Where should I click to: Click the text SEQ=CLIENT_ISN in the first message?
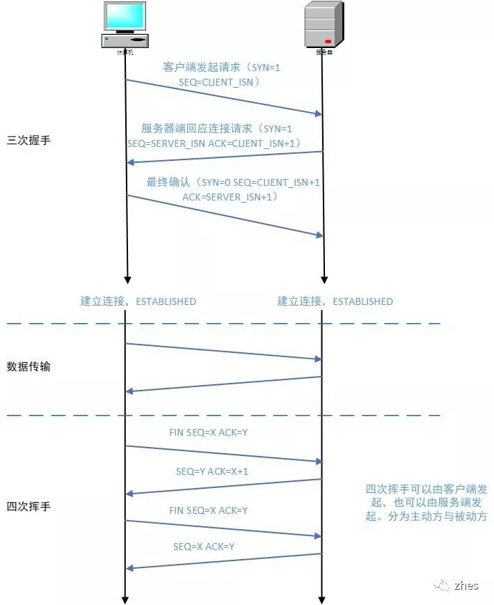coord(218,81)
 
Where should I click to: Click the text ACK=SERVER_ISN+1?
coord(229,197)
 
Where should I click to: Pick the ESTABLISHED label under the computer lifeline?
coord(166,301)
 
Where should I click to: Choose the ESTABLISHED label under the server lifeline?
coord(362,301)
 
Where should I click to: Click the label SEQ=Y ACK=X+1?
coord(212,471)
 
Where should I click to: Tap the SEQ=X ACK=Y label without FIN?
coord(204,547)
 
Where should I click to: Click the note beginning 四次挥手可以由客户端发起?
coord(427,503)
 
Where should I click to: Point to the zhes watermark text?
coord(466,586)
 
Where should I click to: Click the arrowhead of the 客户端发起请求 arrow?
coord(319,113)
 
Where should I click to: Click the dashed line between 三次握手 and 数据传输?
coord(223,324)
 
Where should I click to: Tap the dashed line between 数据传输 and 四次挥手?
coord(223,416)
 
